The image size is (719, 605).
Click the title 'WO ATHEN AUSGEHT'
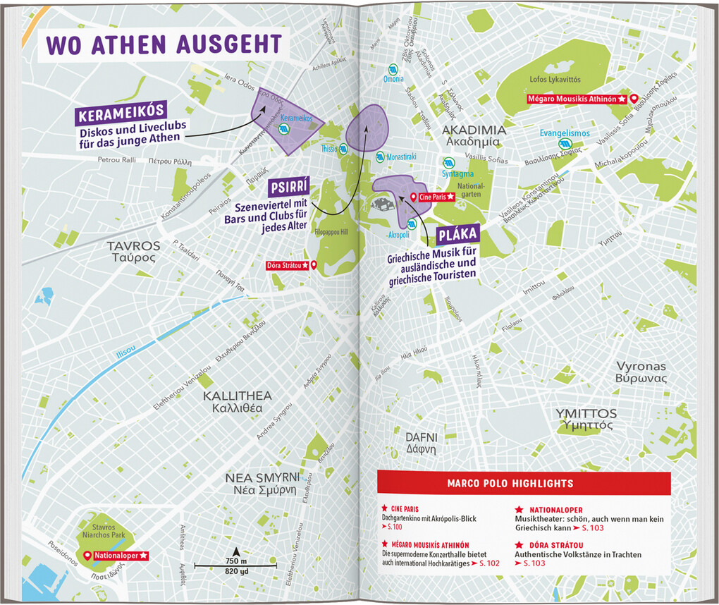(164, 44)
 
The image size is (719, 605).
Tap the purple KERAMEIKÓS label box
(122, 112)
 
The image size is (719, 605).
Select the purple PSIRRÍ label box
(289, 188)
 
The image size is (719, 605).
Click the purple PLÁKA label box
(457, 236)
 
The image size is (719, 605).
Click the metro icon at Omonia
(393, 71)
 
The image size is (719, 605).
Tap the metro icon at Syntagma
(448, 161)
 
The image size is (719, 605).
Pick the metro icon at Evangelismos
(563, 143)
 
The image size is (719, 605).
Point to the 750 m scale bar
(235, 563)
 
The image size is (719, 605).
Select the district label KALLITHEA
(237, 396)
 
